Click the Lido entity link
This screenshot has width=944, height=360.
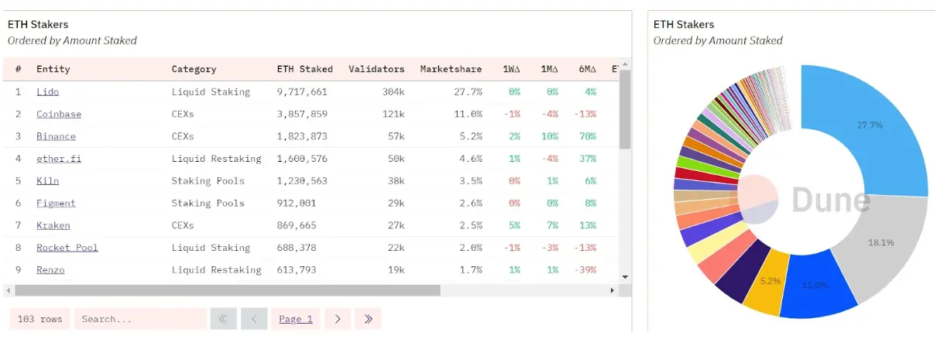coord(47,92)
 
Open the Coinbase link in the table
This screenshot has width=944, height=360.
coord(59,115)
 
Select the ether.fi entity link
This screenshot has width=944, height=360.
coord(59,159)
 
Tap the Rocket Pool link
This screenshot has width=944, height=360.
coord(67,248)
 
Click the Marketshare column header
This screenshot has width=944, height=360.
coord(451,69)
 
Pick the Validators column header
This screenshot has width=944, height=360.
coord(376,69)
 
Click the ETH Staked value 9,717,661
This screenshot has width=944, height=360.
coord(302,92)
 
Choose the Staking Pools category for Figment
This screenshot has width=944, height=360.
coord(208,203)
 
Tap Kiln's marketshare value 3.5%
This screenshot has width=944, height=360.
coord(469,181)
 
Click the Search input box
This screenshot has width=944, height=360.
coord(140,319)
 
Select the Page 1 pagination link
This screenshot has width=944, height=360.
coord(295,319)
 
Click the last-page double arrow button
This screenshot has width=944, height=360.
coord(368,319)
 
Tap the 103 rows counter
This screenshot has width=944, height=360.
coord(39,319)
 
